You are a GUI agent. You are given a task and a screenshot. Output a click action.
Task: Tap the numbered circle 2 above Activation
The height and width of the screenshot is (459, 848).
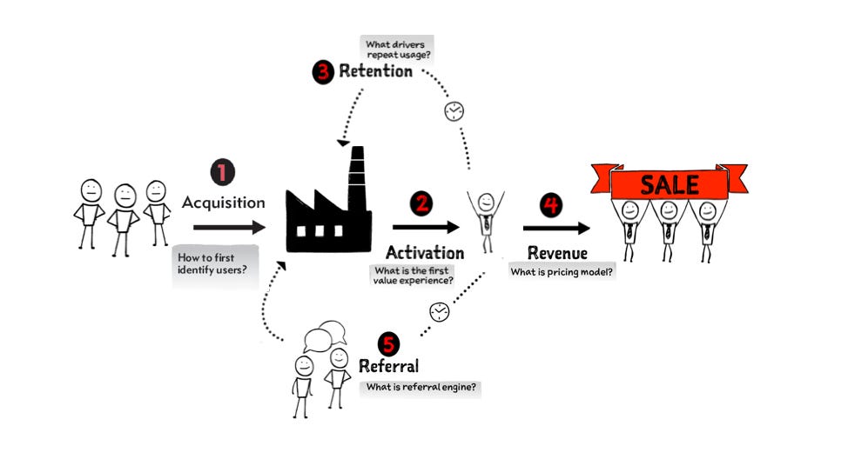pos(423,203)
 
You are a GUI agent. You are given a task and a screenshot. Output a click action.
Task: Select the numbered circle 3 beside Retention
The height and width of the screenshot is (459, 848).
pos(324,71)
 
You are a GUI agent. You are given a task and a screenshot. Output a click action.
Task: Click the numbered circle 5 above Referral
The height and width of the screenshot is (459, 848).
pos(388,344)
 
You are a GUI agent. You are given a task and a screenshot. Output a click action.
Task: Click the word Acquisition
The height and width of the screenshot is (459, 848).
pos(223,203)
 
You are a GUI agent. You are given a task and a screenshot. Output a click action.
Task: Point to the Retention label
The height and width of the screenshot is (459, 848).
pos(375,71)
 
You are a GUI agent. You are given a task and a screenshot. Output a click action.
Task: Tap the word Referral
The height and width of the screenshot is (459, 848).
pos(388,366)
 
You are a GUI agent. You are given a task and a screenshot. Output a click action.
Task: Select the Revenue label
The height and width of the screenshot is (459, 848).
pos(557,253)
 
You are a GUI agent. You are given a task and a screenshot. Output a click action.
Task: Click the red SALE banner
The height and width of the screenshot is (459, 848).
pos(670,183)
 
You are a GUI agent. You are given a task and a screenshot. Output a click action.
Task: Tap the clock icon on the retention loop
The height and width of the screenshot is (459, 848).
pos(454,111)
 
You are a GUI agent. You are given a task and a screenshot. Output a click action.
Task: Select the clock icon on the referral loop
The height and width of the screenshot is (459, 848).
pos(440,310)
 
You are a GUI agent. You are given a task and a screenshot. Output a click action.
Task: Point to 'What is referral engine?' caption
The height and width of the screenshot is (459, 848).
pos(421,387)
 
